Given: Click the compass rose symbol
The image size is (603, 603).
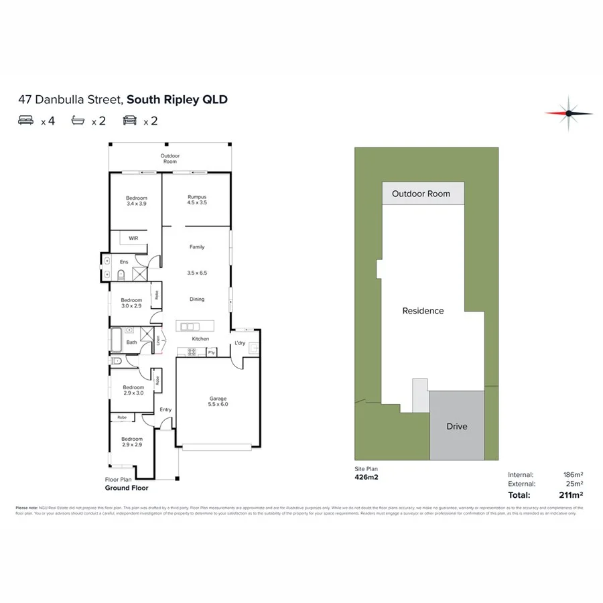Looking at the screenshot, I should pos(568,113).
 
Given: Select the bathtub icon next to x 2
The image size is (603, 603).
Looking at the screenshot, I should pos(80,121).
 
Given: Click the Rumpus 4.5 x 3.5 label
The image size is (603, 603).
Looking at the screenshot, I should pos(197,199).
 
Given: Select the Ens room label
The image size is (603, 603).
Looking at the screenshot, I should pos(124,262).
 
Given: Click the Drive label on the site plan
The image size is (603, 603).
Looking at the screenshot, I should pos(457,426).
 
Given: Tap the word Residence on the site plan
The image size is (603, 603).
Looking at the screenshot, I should pos(423,310).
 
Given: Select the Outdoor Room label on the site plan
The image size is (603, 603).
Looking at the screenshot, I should pos(421,194).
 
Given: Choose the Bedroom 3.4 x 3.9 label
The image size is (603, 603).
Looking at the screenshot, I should pos(137,200).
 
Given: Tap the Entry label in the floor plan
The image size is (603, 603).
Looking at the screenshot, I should pos(165,410).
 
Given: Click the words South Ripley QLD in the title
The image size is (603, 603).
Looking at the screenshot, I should pos(177,100).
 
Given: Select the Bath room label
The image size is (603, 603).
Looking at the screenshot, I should pos(132,342).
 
